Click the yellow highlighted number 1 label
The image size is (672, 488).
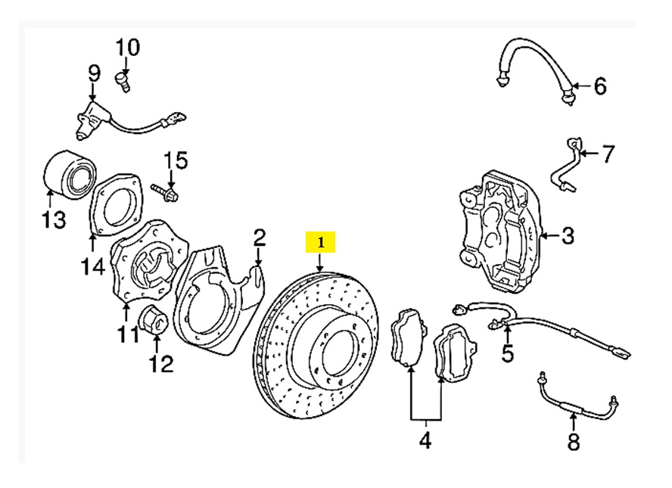tap(320, 243)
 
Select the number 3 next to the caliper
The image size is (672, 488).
tap(567, 236)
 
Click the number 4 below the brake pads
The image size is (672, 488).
tap(425, 440)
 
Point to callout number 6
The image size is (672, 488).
tap(599, 86)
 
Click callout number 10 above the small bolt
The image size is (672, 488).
tap(127, 48)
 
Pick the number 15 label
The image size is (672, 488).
tap(176, 160)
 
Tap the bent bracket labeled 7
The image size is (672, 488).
tap(568, 163)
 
